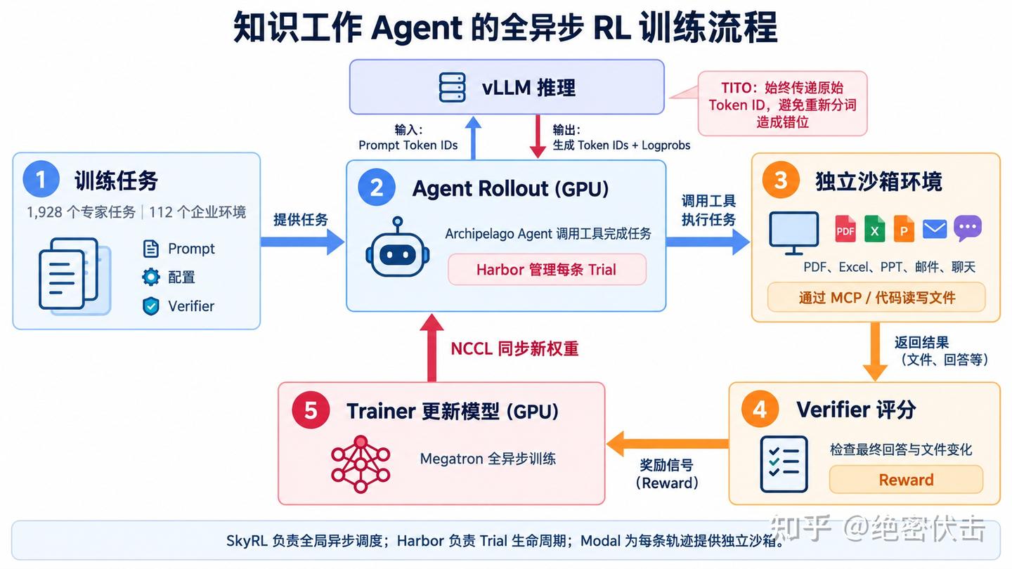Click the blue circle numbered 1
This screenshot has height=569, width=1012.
click(41, 179)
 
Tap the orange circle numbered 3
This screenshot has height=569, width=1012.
click(781, 180)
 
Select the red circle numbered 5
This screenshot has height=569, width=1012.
click(311, 410)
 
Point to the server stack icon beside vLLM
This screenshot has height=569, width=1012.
click(453, 87)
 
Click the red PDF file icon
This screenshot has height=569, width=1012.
click(845, 228)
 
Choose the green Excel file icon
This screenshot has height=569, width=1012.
click(874, 228)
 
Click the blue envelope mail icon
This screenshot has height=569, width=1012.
click(934, 229)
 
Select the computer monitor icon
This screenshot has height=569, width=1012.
click(794, 233)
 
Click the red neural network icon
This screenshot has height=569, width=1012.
click(361, 464)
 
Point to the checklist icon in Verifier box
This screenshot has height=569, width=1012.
click(784, 464)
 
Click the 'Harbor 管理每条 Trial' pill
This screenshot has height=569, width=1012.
click(547, 270)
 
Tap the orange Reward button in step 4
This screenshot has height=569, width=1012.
click(906, 480)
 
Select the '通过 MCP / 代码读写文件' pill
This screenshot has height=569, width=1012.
click(876, 298)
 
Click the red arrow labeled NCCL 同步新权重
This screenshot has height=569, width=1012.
click(432, 348)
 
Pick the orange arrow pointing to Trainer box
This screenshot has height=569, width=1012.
click(668, 443)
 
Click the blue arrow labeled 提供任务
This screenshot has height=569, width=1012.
click(302, 242)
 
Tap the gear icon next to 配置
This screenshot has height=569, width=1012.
click(151, 277)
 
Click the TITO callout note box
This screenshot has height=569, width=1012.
click(782, 103)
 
